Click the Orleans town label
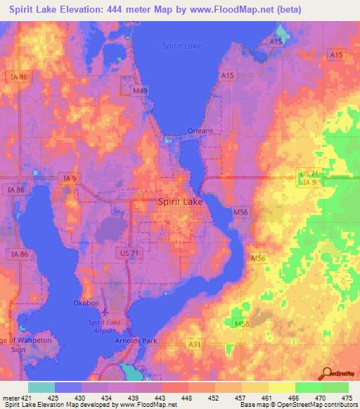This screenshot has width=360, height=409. (x=200, y=131)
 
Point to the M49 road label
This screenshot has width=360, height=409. (x=141, y=90)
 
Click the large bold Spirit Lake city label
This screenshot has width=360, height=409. (x=179, y=201)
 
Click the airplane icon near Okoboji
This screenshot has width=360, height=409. (x=105, y=310)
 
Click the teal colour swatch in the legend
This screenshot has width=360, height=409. (x=41, y=388)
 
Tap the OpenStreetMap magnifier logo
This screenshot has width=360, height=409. (x=327, y=375)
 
